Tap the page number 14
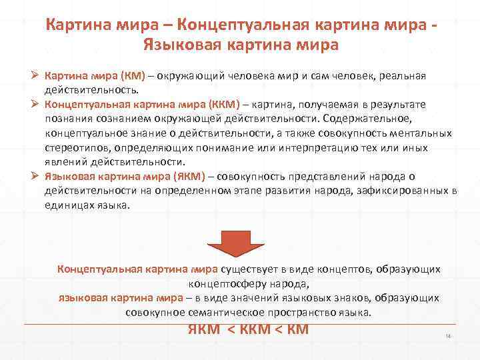click(x=448, y=336)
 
